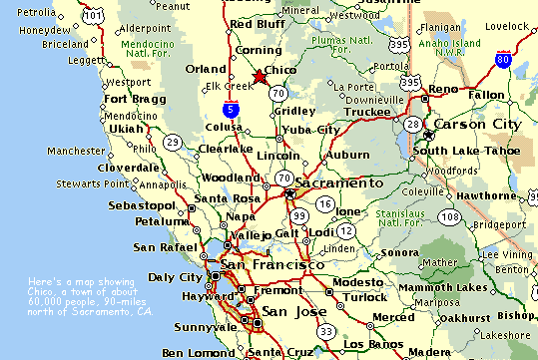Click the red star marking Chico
[261, 77]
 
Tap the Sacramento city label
[338, 184]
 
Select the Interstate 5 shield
[232, 110]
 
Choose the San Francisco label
[271, 265]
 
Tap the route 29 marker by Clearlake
[174, 142]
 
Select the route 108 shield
[451, 216]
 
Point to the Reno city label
[443, 90]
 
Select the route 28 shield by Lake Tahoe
[411, 123]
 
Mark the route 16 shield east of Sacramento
[324, 203]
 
